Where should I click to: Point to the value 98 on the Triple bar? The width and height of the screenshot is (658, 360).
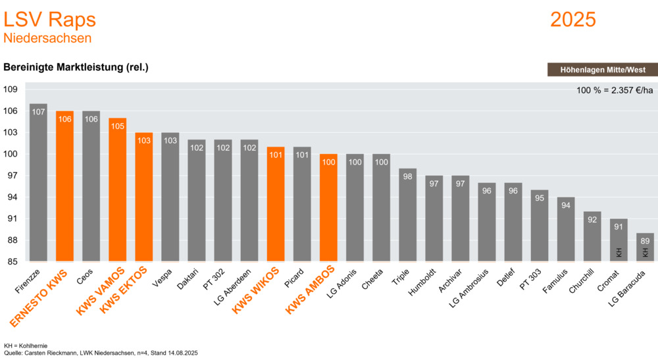[407, 176]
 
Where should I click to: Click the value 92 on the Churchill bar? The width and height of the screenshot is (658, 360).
[592, 219]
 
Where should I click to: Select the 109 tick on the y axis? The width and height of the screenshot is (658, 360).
[12, 90]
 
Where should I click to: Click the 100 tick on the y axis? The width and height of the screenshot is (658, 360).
[12, 154]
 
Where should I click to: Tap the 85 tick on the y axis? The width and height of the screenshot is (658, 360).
[12, 262]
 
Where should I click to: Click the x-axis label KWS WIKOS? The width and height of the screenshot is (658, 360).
[258, 290]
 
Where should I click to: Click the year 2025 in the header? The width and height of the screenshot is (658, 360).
[572, 20]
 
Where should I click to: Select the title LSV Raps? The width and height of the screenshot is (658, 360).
[50, 20]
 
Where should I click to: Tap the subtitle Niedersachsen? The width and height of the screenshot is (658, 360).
[47, 38]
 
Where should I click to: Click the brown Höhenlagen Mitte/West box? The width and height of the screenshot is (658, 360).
[602, 70]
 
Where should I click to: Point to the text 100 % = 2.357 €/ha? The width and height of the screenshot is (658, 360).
[615, 90]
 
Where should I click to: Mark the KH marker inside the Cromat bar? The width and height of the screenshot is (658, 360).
[619, 251]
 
